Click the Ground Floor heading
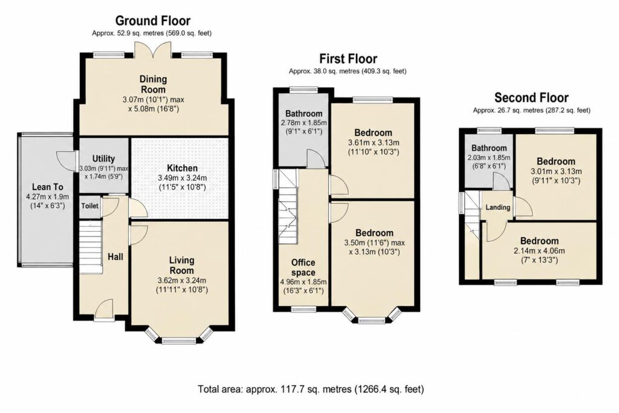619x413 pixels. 153,21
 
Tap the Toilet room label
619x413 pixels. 89,206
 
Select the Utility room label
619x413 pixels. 103,158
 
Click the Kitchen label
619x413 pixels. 182,168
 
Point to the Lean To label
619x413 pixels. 47,187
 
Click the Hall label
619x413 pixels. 115,256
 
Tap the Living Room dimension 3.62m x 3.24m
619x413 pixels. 181,281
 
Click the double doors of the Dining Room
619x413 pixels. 154,50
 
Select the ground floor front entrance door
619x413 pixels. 105,308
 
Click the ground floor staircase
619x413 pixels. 91,247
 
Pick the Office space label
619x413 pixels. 303,267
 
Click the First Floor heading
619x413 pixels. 348,59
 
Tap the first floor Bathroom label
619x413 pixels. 304,114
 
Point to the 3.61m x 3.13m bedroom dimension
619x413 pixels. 374,143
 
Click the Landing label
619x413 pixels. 498,207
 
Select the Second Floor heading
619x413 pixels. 531,97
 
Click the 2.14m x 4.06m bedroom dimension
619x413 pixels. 539,251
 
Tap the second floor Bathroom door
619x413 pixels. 502,181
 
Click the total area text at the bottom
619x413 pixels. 311,389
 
